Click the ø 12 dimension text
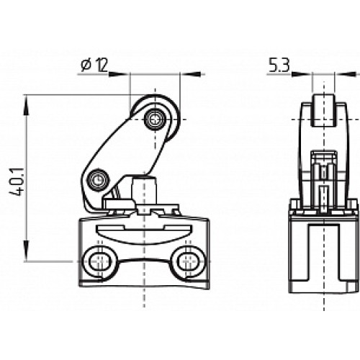pyautogui.click(x=94, y=66)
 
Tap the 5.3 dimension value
pyautogui.click(x=280, y=66)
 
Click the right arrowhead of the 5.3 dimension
pyautogui.click(x=343, y=74)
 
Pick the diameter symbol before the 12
pyautogui.click(x=85, y=66)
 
